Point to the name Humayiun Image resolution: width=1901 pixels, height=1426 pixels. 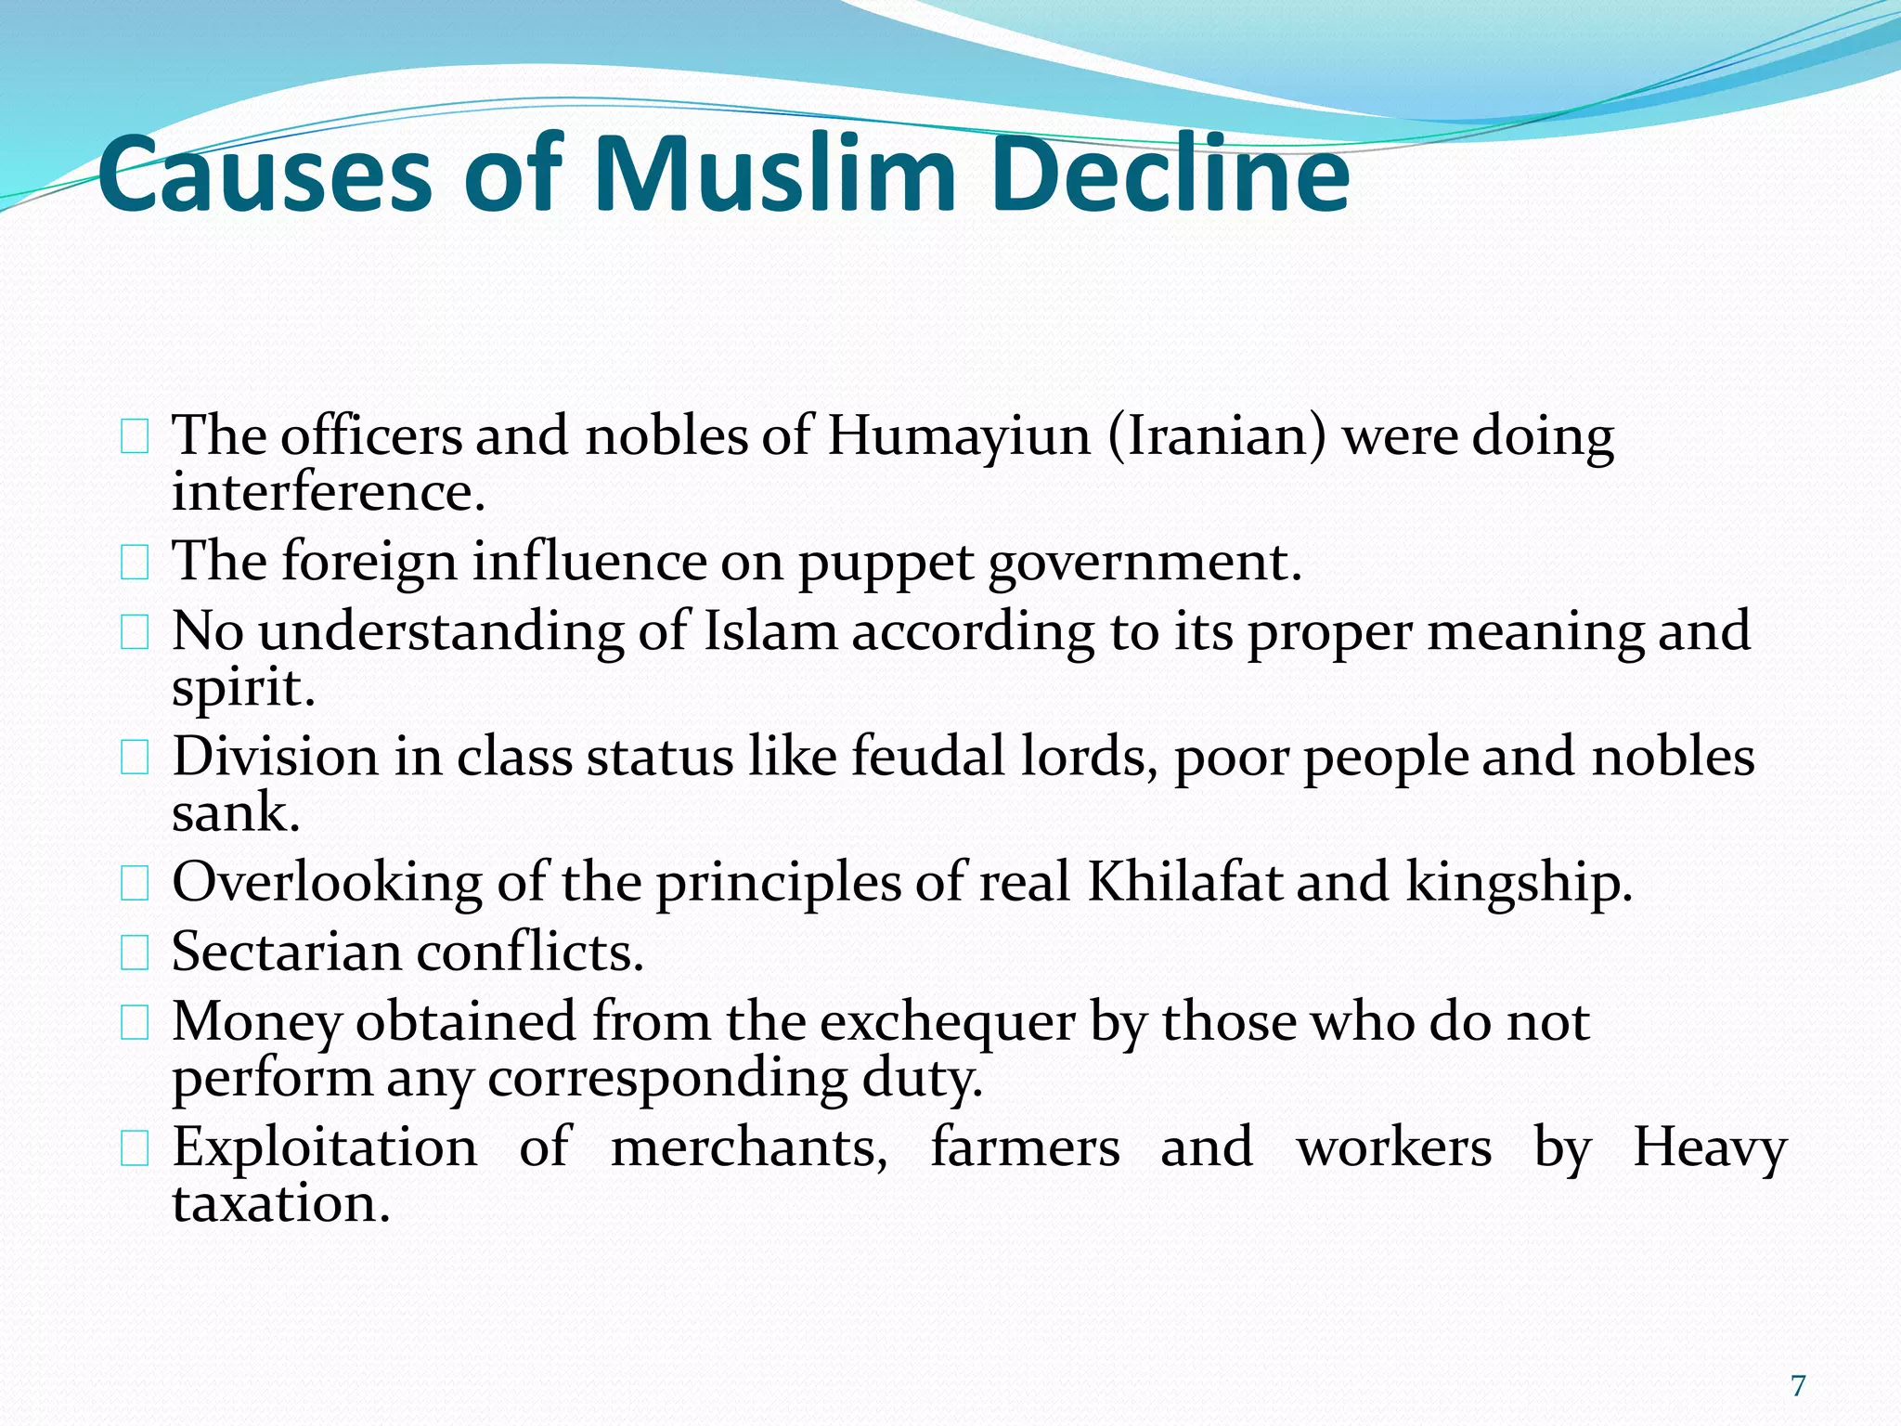959,435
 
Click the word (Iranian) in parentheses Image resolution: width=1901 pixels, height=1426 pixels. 1217,435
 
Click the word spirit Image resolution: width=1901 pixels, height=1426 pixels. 242,689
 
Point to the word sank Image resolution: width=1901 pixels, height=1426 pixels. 235,813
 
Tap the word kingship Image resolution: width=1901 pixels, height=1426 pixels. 1519,884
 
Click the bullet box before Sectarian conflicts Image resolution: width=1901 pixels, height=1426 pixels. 135,953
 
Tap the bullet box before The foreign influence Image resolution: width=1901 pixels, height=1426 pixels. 135,563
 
